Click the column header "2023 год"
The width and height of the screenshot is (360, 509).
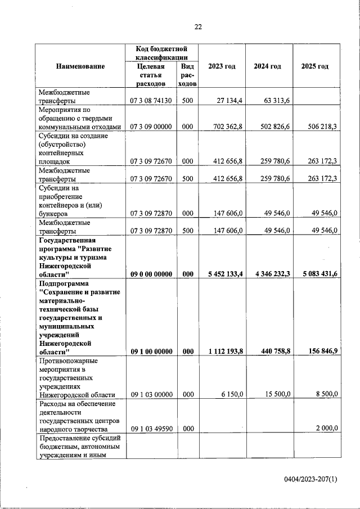click(222, 66)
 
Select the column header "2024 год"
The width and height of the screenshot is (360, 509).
click(267, 66)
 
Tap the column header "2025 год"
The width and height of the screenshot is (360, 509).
click(315, 66)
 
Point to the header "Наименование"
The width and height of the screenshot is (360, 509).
click(80, 66)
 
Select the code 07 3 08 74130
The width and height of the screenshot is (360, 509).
click(151, 101)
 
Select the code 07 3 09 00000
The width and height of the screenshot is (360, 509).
click(151, 127)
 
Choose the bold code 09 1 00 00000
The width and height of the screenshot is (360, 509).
click(151, 352)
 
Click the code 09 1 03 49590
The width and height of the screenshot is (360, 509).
click(151, 429)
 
